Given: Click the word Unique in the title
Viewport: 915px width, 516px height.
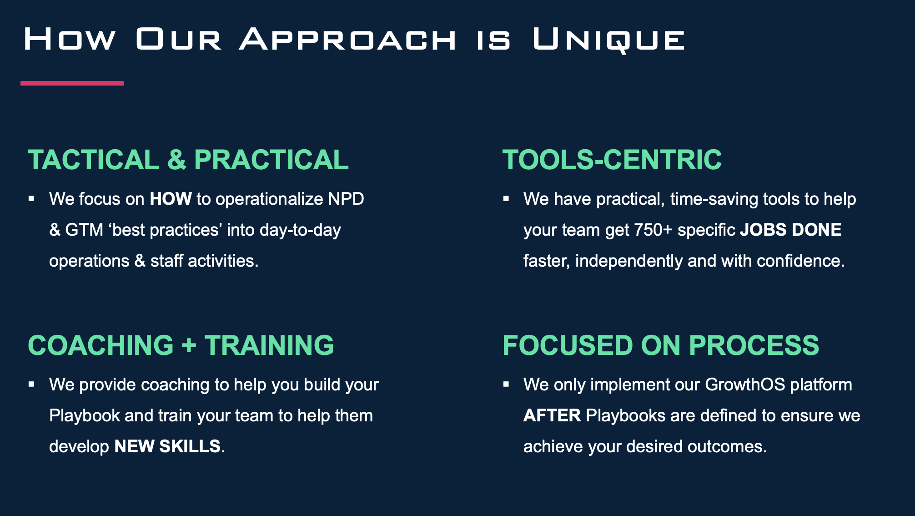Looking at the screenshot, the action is (x=608, y=40).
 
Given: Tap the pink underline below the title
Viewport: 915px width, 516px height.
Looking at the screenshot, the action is (x=72, y=83).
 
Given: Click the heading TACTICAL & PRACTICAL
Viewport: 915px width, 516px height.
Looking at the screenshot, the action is (x=188, y=160).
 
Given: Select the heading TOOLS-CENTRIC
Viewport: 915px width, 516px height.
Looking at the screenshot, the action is (x=612, y=160).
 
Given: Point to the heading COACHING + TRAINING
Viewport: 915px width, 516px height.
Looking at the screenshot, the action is (x=181, y=345).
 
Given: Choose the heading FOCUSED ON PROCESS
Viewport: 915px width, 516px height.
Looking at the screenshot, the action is (x=661, y=345).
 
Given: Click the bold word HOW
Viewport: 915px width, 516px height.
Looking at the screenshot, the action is (x=171, y=199).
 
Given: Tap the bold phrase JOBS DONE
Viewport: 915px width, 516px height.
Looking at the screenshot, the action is (x=791, y=230).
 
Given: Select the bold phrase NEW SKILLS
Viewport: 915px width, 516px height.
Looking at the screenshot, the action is (x=167, y=446).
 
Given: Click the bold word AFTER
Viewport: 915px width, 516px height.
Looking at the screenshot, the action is (x=552, y=415).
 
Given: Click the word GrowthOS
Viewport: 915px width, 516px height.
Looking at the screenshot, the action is (x=745, y=384).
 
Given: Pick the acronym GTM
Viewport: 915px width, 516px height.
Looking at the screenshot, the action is (x=84, y=230).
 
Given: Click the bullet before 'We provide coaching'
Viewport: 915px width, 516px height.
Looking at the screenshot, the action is (x=31, y=384).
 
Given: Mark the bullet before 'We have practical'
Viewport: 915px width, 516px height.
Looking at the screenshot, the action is (x=506, y=199).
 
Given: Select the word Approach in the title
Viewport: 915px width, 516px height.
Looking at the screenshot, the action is (x=348, y=39).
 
